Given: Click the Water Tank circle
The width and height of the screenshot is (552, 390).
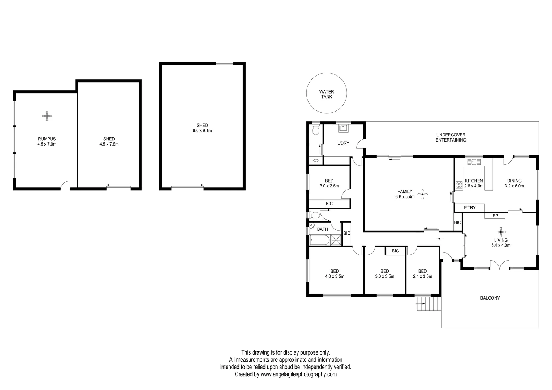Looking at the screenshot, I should coord(327,94).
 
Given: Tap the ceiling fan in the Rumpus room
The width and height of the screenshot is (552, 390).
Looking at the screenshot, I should coord(47,116).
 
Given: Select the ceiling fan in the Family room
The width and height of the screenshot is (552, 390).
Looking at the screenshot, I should coord(423,194).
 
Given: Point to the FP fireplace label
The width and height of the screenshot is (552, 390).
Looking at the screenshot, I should coord(495,216).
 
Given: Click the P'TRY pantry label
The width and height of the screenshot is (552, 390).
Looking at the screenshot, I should coord(470,207).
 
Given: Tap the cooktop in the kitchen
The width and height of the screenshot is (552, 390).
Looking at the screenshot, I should coord(459,185).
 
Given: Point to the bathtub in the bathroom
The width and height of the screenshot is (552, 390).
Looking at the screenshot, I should coord(319,240).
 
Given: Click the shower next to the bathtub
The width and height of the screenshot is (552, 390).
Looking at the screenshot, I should coord(336,240).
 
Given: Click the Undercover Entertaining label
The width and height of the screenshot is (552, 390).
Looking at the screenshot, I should coord(450,137).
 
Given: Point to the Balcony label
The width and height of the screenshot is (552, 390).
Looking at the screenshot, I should coord(490,298).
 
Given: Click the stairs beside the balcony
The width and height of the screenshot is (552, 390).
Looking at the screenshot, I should coord(428,304).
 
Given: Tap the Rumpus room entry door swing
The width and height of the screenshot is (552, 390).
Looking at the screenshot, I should coord(65,185).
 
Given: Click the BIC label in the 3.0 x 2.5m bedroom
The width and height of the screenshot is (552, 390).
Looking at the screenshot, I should coord(329,204).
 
